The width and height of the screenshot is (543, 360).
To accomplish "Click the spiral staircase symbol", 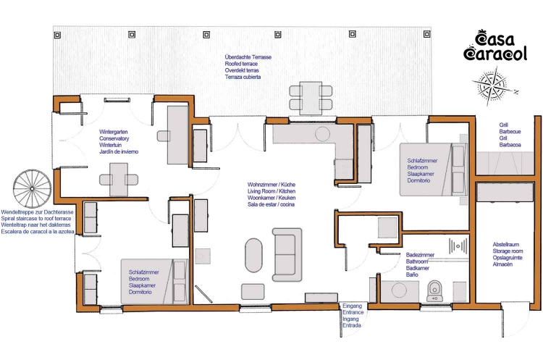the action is tap(32, 189).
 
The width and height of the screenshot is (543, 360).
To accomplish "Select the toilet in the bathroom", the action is tap(435, 291).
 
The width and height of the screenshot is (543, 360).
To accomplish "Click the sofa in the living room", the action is tap(287, 254).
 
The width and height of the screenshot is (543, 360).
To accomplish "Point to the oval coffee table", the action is tap(254, 255).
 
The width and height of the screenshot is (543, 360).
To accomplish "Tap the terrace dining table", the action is tap(311, 98).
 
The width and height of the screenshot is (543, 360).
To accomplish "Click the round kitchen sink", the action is tap(322, 134).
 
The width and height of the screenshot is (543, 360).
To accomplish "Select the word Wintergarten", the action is tap(113, 132).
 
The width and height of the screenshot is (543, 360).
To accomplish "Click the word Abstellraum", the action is tap(506, 244).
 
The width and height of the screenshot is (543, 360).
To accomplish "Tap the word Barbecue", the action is tap(510, 132).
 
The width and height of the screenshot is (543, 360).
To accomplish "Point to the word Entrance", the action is tap(353, 312).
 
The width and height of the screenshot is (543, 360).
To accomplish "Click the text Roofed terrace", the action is tap(241, 64).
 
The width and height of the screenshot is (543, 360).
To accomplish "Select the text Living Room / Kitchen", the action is tap(271, 191).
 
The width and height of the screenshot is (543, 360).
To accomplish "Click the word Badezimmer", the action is tap(420, 255).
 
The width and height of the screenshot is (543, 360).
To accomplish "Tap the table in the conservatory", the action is tap(119, 180).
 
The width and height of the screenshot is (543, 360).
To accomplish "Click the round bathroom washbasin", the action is tap(399, 290).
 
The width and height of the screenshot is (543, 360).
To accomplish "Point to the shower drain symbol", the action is tap(458, 246).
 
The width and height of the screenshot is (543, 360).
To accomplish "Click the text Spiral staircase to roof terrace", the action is tap(36, 219).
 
